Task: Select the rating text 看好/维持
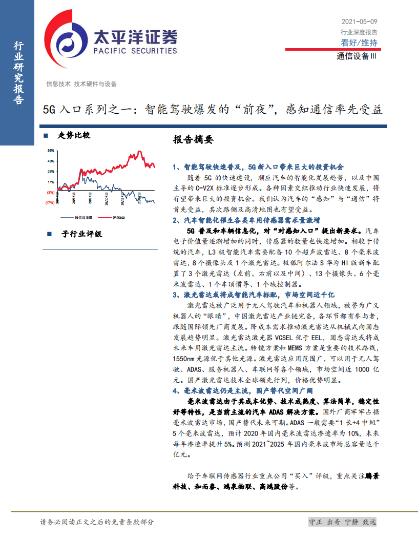click(359, 43)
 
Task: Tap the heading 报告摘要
click(193, 140)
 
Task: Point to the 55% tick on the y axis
click(51, 151)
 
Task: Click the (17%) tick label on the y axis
click(50, 203)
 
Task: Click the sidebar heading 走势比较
click(74, 136)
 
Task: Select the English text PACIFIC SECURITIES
click(135, 51)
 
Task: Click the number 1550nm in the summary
click(185, 359)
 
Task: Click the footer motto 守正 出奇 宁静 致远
click(342, 522)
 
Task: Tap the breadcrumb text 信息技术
click(58, 84)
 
